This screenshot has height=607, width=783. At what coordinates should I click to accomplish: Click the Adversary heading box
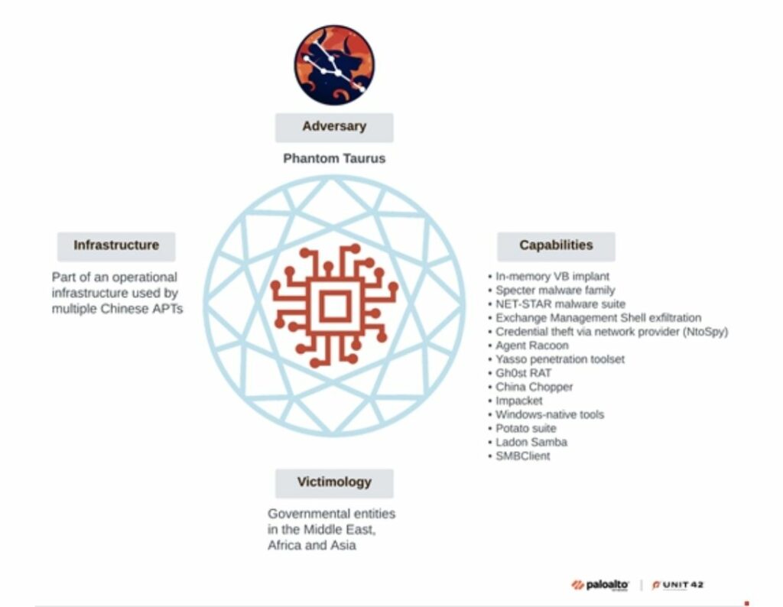coord(334,127)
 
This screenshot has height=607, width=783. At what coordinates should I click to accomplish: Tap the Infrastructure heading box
coord(116,246)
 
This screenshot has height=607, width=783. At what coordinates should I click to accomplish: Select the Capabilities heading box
coord(556,246)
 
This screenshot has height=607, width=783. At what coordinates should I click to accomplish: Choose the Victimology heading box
coord(334,482)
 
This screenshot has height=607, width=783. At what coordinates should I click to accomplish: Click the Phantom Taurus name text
coord(334,159)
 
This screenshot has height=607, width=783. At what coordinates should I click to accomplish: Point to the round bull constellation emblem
coord(334,65)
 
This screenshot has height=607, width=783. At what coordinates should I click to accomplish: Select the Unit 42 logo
coord(677,586)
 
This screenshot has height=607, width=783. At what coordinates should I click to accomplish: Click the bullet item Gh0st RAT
coord(518,373)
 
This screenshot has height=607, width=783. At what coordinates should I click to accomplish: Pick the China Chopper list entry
coord(534,387)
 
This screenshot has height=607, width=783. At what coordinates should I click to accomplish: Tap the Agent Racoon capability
coord(531,346)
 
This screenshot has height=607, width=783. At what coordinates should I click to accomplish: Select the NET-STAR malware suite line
coord(560,304)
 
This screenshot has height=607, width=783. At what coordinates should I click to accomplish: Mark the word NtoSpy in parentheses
coord(708,332)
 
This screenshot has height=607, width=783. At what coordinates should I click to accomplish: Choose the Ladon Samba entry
coord(531,442)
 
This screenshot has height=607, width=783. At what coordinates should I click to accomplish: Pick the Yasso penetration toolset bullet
coord(560,359)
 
